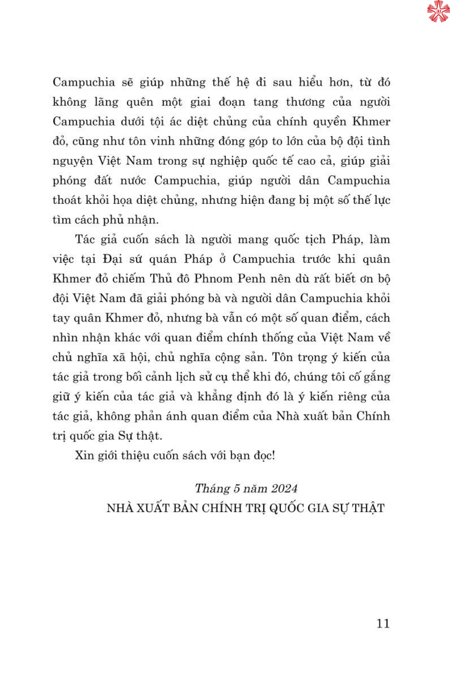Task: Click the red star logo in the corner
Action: [x=438, y=11]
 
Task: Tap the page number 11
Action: [x=383, y=623]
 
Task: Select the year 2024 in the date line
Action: [x=284, y=489]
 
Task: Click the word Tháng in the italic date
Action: [x=211, y=489]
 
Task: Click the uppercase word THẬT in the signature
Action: [x=368, y=508]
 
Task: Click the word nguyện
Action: [x=72, y=161]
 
